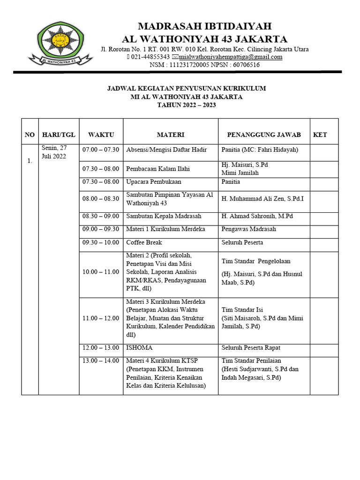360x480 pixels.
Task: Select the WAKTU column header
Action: [x=101, y=135]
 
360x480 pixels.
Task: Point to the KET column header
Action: [x=320, y=135]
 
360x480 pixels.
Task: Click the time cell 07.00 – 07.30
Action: [x=101, y=150]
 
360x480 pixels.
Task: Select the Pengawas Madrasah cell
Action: [x=249, y=229]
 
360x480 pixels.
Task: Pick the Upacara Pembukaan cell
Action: [x=153, y=181]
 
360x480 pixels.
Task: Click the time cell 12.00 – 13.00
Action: [x=101, y=348]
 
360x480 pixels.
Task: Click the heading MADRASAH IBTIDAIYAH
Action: [x=204, y=26]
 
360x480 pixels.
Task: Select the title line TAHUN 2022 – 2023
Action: [x=186, y=105]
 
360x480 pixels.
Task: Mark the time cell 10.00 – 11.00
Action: [x=101, y=272]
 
